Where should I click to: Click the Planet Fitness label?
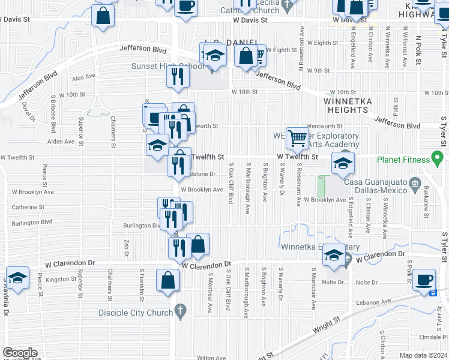[x=403, y=160]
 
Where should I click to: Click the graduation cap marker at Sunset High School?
[x=214, y=56]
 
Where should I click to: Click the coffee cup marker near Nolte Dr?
[x=424, y=279]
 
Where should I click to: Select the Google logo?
[x=20, y=352]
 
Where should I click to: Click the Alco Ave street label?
[x=83, y=77]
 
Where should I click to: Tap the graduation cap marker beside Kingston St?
[x=17, y=278]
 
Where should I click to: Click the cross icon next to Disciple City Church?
[x=179, y=311]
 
